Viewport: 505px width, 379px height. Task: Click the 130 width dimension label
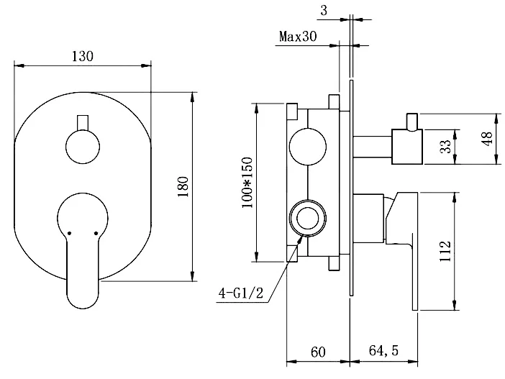[x=83, y=55]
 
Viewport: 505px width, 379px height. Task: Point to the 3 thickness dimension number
[x=325, y=9]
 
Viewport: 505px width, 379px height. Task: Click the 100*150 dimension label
[x=248, y=183]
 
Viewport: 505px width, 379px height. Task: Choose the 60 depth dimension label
[x=319, y=352]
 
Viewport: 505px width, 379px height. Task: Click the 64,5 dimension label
[x=384, y=352]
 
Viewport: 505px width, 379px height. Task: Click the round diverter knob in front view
[x=83, y=149]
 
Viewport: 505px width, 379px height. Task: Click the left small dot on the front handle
[x=68, y=233]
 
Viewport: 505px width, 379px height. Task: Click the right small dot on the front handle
[x=96, y=233]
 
